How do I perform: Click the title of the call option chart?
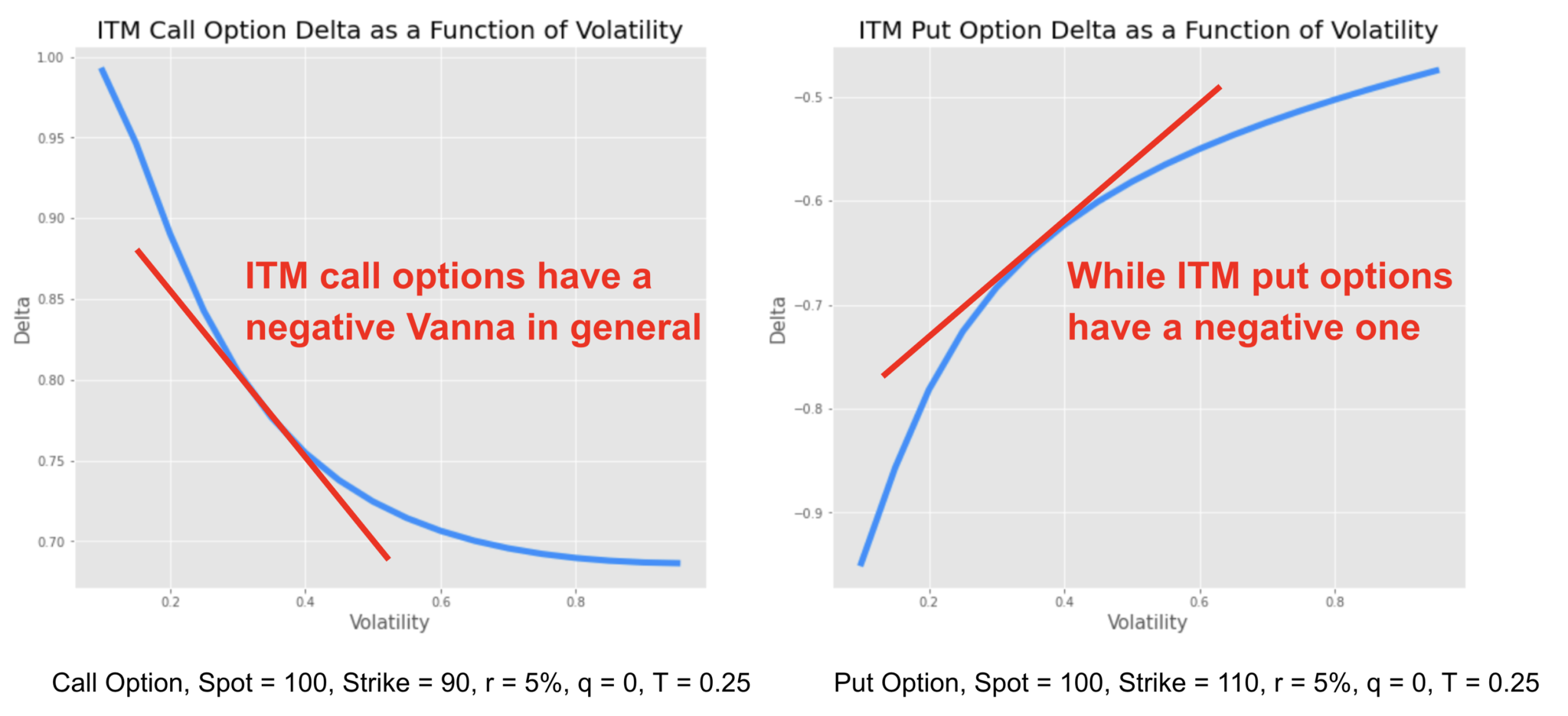pos(389,31)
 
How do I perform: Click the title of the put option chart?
pos(1148,31)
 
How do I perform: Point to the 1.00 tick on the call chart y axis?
pos(51,58)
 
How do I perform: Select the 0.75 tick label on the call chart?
pos(51,461)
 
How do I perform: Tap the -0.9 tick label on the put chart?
pos(808,513)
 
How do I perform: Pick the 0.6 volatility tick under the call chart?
pos(440,602)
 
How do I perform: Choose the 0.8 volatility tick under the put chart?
pos(1334,602)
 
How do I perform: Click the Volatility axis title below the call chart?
pos(389,623)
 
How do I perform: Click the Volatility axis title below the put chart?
pos(1147,623)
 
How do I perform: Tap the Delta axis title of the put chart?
pos(778,321)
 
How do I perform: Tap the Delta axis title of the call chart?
pos(22,321)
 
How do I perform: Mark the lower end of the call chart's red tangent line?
pos(388,558)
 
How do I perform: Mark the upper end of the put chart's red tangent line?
pos(1220,87)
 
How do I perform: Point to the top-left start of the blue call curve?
pos(102,70)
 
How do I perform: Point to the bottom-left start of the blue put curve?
pos(861,564)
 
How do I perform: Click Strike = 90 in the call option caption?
pos(406,682)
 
